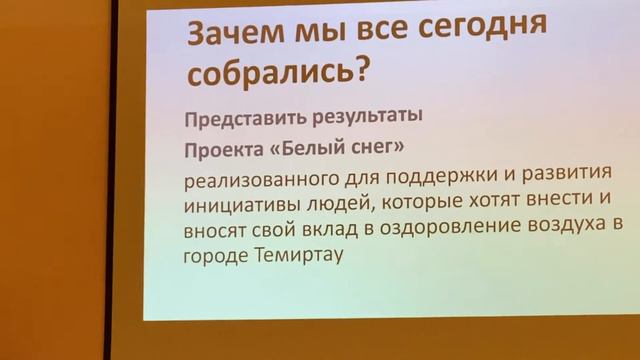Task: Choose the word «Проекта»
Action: [x=220, y=150]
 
